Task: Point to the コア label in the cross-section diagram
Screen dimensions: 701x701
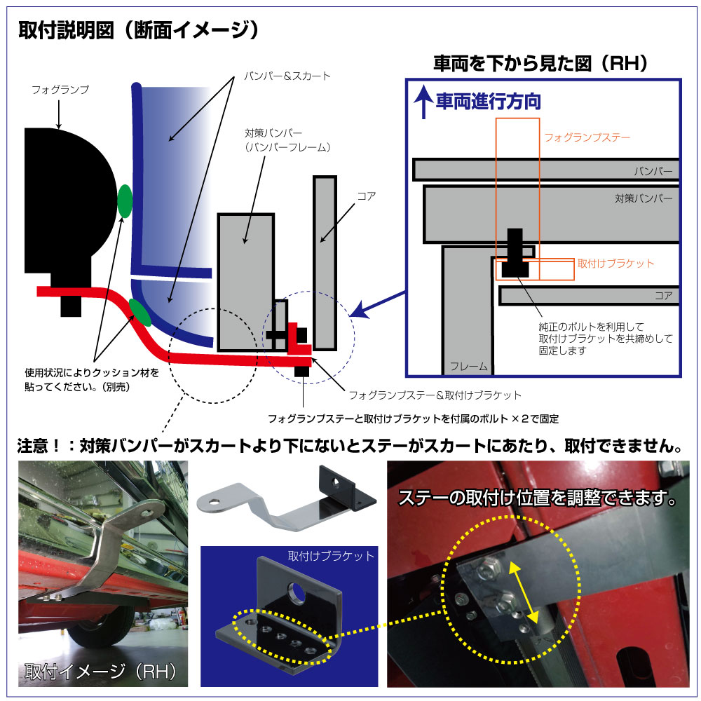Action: coord(366,196)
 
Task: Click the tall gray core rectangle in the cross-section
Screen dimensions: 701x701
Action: coord(325,263)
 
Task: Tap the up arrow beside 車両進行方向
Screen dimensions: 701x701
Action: coord(422,104)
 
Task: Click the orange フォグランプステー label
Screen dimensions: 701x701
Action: coord(587,137)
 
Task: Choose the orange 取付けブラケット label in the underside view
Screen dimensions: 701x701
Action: coord(615,264)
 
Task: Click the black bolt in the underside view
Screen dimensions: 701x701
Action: coord(515,252)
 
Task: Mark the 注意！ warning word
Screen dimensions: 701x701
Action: coord(43,445)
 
